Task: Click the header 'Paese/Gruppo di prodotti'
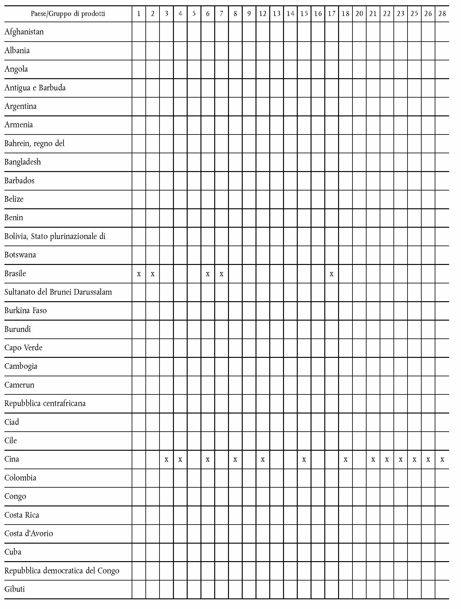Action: tap(68, 14)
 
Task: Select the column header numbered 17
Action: tap(332, 14)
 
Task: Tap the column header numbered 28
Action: tap(442, 14)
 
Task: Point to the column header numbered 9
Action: tap(249, 14)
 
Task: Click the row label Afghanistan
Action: tap(24, 32)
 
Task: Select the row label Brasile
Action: tap(15, 274)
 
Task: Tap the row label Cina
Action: tap(12, 459)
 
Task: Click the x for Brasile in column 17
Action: tap(332, 274)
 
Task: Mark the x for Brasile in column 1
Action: tap(139, 274)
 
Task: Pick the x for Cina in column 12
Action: tap(263, 460)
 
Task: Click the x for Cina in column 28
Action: tap(442, 460)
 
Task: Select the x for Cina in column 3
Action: tap(166, 460)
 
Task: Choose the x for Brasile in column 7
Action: tap(221, 274)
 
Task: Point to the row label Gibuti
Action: tap(14, 589)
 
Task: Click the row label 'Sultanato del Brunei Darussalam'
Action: tap(58, 292)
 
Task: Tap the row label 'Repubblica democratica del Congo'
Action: tap(62, 571)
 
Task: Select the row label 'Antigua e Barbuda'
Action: tap(35, 88)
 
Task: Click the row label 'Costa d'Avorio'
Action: tap(29, 534)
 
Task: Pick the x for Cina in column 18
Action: tap(345, 460)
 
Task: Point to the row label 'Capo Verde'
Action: tap(23, 348)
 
